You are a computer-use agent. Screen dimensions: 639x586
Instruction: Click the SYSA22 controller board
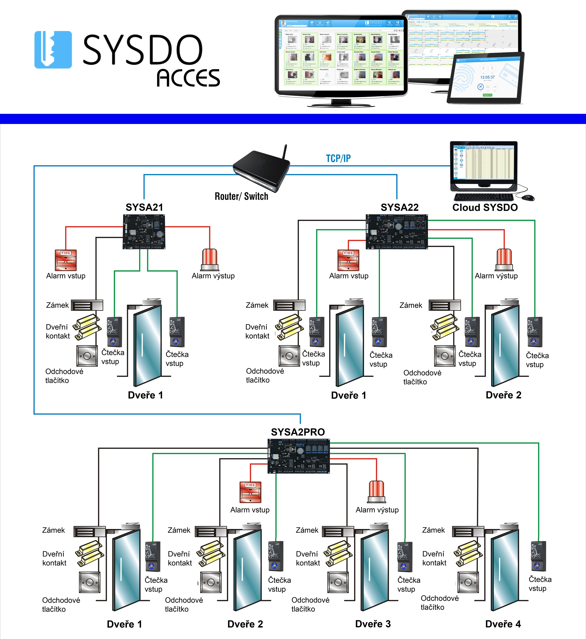point(397,232)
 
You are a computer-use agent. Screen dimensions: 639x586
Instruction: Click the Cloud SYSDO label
point(485,207)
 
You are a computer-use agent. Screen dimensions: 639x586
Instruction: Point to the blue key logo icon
point(53,50)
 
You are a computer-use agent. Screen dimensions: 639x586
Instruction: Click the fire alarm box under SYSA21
point(66,260)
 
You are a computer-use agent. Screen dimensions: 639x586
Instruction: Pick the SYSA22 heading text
point(400,207)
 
